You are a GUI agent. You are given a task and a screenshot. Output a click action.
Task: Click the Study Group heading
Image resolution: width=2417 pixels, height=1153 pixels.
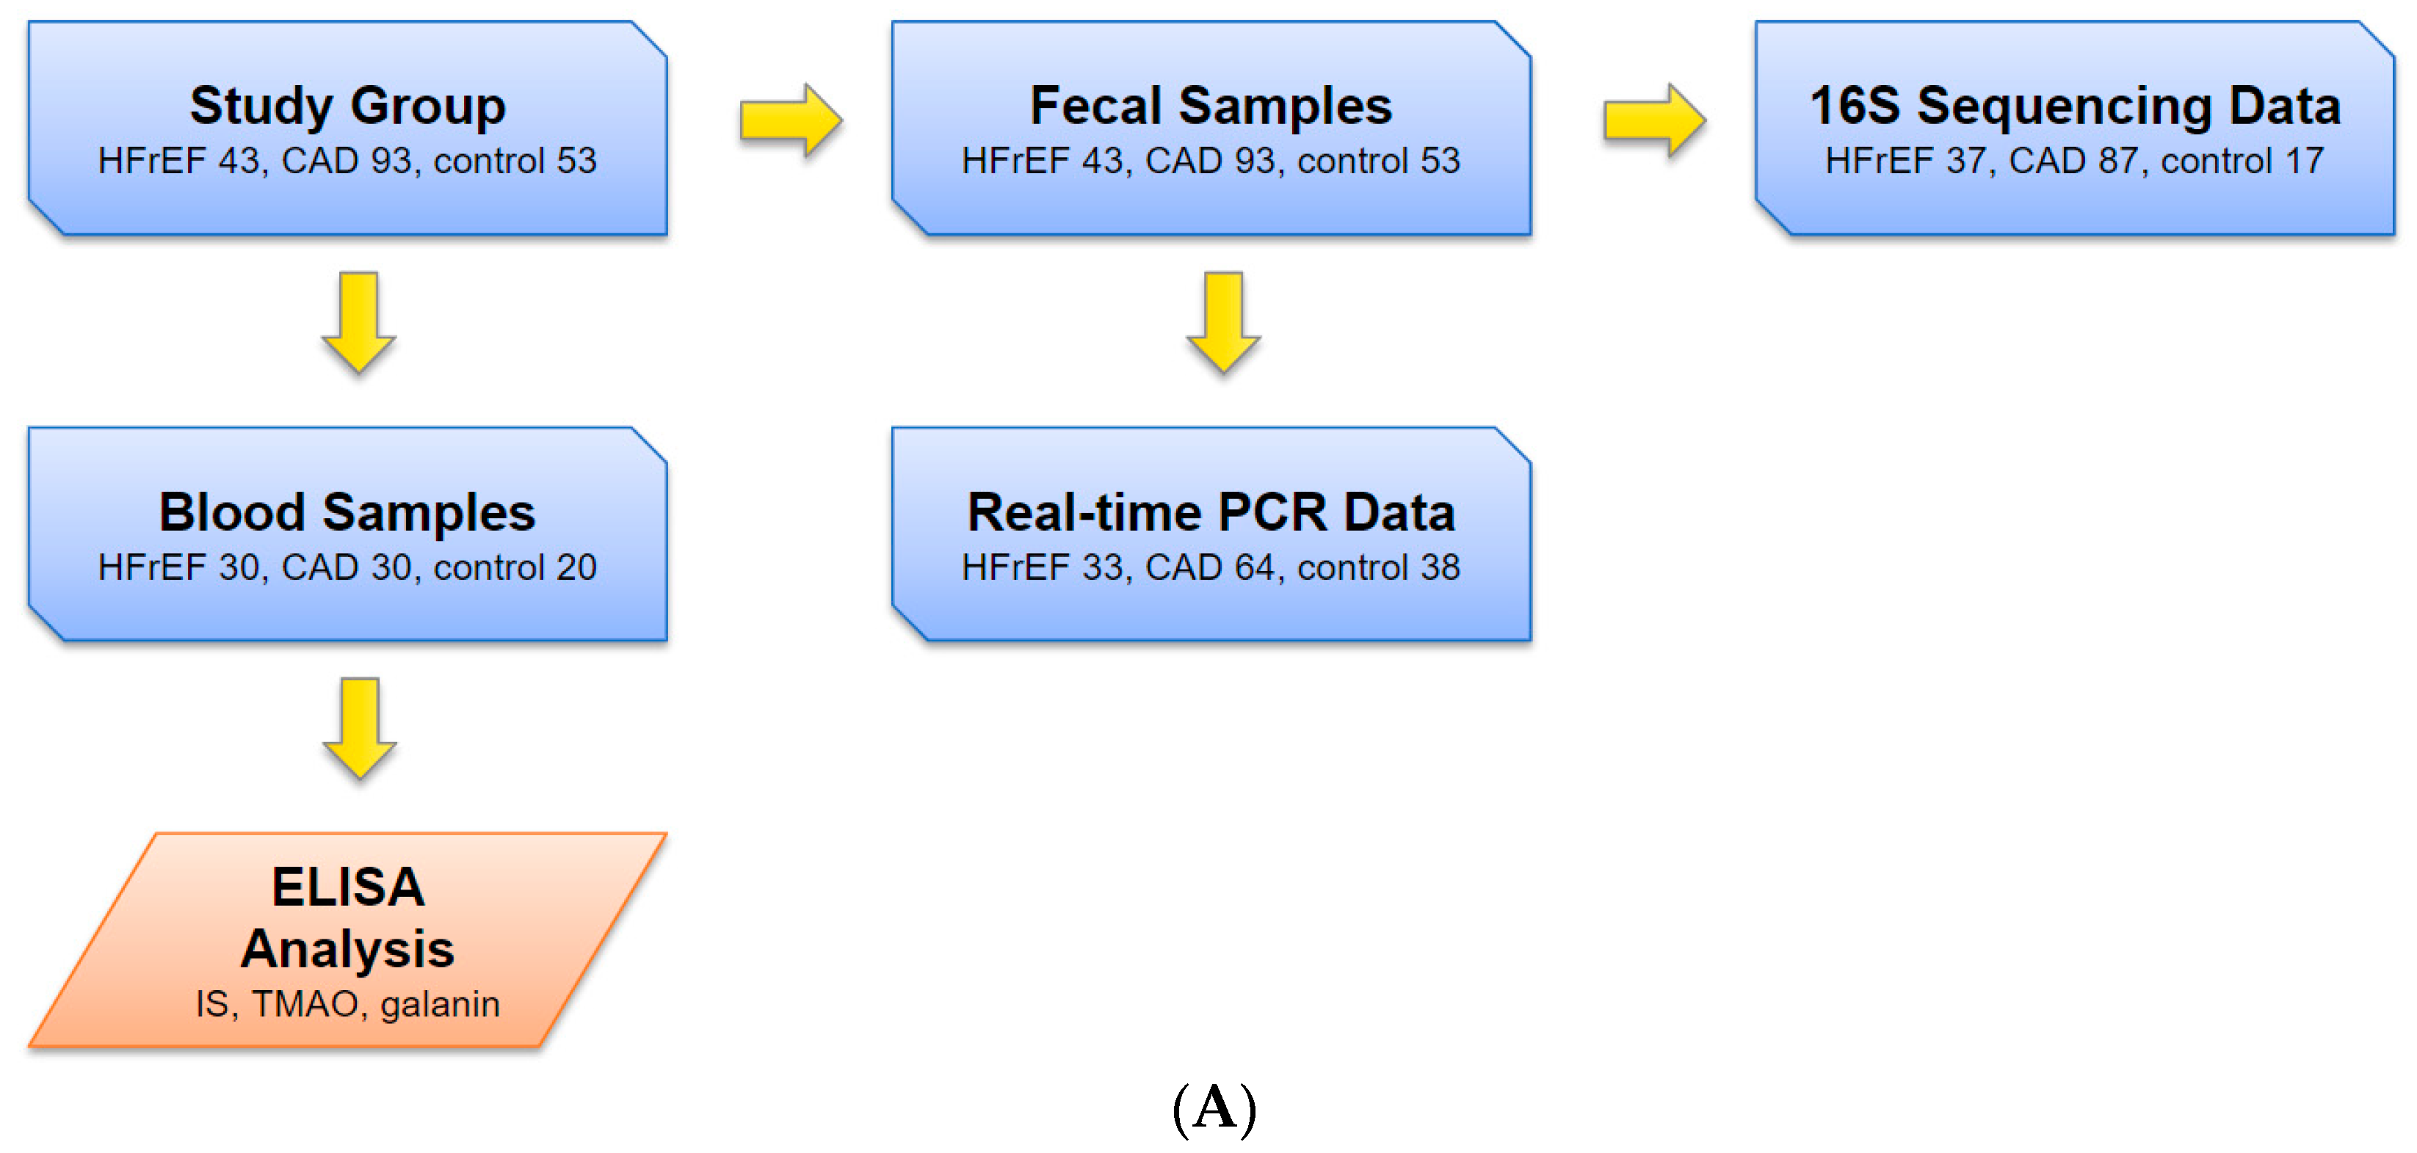point(347,105)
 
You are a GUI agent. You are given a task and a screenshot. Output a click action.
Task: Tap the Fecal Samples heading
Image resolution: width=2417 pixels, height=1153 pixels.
point(1211,105)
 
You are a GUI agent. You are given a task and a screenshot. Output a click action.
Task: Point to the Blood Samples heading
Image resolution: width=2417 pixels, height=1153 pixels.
point(347,512)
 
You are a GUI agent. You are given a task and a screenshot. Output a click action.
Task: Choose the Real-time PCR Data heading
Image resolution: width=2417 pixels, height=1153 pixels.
point(1211,512)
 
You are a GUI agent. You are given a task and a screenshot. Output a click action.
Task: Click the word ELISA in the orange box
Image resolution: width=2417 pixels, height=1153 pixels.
point(347,887)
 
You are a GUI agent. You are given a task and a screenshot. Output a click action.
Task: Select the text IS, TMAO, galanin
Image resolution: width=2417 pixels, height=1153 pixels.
point(347,1004)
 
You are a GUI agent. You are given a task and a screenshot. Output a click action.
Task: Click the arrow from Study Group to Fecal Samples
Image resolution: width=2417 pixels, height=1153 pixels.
point(790,120)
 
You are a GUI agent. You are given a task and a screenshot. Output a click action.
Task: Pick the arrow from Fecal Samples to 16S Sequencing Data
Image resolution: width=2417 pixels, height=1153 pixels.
point(1654,120)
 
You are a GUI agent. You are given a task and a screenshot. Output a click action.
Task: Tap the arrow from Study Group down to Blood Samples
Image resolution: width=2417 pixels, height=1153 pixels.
point(358,321)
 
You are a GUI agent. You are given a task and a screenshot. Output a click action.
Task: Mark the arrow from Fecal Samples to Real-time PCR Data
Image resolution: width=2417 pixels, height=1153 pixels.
point(1223,321)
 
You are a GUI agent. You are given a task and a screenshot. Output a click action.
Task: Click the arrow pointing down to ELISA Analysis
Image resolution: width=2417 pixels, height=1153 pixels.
point(358,728)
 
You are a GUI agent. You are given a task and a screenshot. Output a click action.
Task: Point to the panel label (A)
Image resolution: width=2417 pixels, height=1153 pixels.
point(1214,1108)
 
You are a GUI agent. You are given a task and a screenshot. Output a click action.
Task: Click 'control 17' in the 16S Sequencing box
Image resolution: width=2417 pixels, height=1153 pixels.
point(2242,161)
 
